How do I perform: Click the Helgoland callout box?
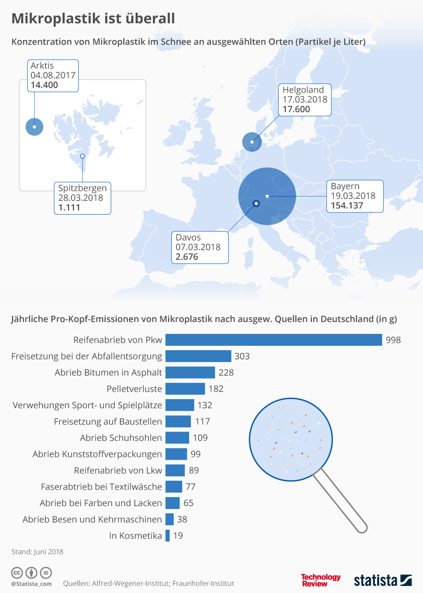(304, 100)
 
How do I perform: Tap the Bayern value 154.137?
(347, 205)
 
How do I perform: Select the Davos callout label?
(200, 247)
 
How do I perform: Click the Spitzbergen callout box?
(82, 198)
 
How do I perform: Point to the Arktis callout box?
(53, 76)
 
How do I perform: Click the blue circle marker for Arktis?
(34, 127)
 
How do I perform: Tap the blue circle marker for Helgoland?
(252, 142)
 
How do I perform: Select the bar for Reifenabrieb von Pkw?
(273, 340)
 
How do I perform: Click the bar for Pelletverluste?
(185, 388)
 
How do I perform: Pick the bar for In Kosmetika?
(167, 535)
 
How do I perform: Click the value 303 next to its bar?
(242, 356)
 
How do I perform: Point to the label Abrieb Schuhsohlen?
(121, 438)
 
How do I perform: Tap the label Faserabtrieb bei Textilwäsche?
(101, 487)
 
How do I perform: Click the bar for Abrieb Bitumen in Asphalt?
(190, 372)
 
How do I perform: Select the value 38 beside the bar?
(182, 519)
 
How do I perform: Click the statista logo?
(382, 580)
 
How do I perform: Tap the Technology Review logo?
(320, 580)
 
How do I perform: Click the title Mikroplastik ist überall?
(93, 18)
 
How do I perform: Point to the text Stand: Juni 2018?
(37, 552)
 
